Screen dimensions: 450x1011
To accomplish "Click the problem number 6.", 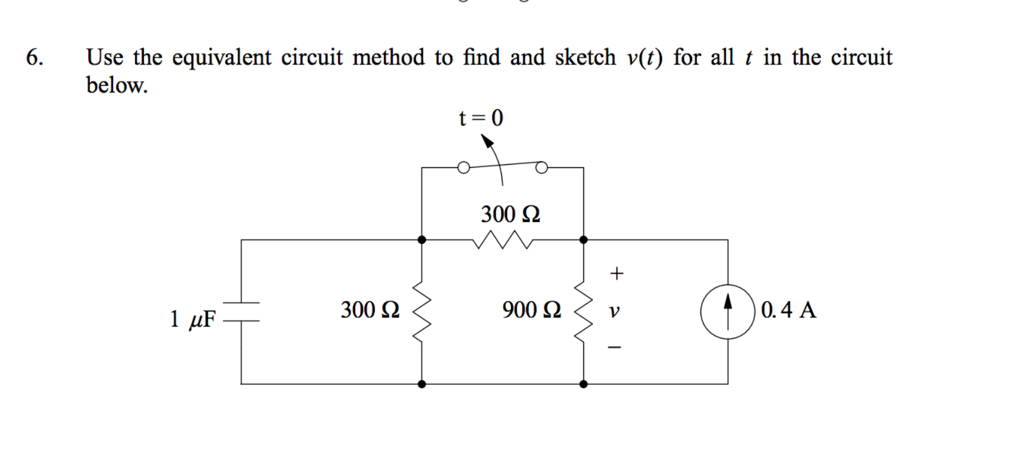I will click(34, 58).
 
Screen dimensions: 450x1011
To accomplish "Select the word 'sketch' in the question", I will click(585, 58).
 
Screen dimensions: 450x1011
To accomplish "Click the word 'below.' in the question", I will click(117, 85).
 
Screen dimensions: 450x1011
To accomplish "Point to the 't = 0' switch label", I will click(481, 118).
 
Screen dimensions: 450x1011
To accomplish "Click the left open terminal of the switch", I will click(463, 168).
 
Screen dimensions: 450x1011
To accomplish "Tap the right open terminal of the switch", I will click(542, 167).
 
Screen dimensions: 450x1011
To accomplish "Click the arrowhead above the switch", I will click(487, 141).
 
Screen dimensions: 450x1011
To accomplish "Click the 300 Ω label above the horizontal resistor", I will click(510, 215).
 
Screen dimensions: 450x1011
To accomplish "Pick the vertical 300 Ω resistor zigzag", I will click(422, 311).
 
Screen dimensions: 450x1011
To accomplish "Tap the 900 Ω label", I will click(531, 310).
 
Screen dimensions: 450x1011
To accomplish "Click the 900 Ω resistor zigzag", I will click(583, 311).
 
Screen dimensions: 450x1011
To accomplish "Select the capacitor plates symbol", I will click(242, 311).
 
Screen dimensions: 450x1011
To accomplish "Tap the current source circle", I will click(727, 311).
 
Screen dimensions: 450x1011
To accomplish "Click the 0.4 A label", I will click(789, 310).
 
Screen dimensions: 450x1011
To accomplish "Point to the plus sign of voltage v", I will click(616, 274).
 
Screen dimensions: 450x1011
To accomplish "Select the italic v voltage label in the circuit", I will click(614, 311).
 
